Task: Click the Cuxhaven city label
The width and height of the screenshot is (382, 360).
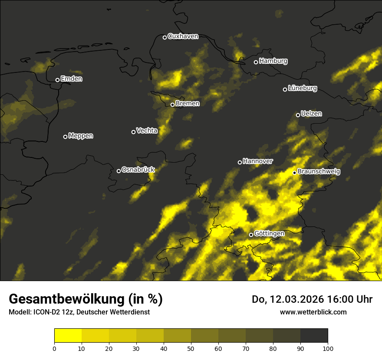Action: [183, 36]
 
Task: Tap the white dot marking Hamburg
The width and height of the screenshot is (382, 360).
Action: [256, 62]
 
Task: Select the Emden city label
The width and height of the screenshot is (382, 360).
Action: [71, 79]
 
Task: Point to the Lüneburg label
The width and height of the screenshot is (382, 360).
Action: [302, 88]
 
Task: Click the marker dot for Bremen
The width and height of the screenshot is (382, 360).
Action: [172, 105]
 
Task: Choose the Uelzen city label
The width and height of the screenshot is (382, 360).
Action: [311, 114]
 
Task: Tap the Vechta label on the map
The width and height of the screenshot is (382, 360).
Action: [147, 131]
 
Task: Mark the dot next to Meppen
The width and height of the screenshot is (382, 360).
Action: [65, 137]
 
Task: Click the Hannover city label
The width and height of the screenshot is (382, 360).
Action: [258, 161]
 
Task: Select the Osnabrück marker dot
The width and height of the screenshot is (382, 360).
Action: [119, 171]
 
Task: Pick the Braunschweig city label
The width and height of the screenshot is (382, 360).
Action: [319, 172]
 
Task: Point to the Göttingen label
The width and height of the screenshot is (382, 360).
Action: [269, 234]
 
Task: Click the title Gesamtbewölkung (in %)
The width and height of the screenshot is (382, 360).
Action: [86, 299]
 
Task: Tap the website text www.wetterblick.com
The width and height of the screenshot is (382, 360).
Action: [313, 312]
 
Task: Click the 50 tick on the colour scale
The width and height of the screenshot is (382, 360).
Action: [191, 348]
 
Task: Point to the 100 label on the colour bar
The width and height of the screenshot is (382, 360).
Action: [328, 348]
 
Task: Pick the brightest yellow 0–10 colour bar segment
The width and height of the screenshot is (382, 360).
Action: [68, 336]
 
